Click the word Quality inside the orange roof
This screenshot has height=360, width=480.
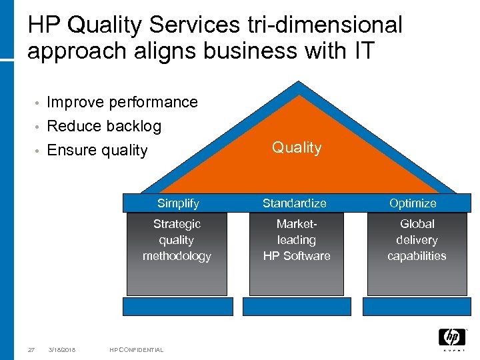297,148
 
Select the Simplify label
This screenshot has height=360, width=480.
178,203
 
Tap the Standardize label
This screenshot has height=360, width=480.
295,203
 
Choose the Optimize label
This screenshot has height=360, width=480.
413,203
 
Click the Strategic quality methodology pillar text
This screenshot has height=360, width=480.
177,240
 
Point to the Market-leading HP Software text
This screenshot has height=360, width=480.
297,240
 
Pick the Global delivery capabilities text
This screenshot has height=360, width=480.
417,240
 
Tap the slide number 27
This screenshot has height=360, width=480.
31,349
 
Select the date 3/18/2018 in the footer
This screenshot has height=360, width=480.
62,349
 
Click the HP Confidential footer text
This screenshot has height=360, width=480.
137,349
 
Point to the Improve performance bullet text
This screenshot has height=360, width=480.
123,102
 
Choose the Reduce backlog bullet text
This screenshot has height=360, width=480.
104,126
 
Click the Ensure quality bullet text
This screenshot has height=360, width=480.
97,150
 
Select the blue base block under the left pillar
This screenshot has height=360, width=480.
178,307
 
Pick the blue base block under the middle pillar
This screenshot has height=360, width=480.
297,307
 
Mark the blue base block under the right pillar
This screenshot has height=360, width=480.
416,307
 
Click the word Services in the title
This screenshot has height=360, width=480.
193,25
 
